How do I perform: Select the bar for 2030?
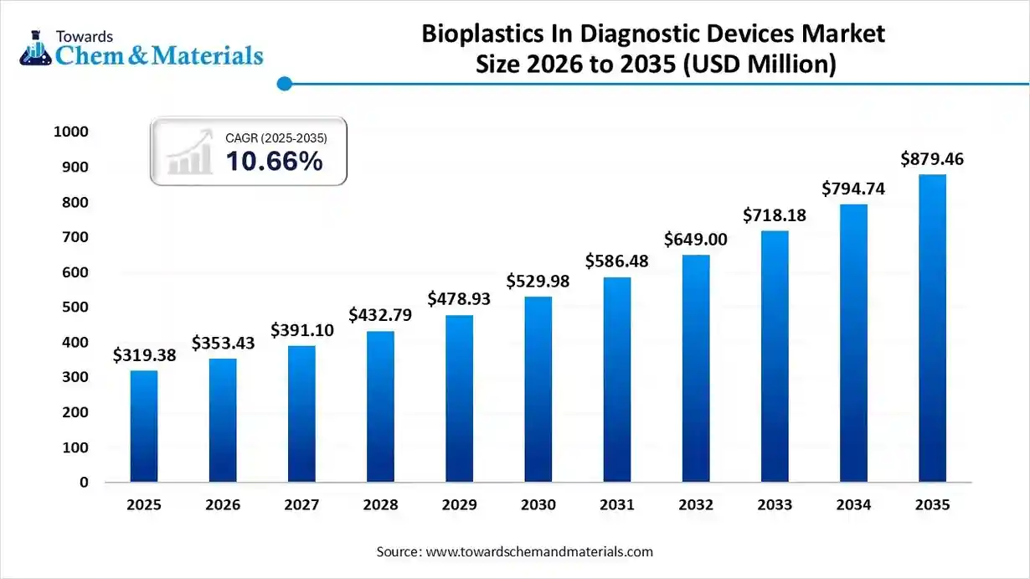538,389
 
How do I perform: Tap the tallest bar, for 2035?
932,328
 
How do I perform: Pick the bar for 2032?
695,368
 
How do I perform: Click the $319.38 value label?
144,356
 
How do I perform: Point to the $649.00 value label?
695,240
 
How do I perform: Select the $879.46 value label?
932,158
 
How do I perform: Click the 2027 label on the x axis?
301,504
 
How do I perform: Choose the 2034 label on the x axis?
853,504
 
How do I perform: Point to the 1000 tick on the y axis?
71,132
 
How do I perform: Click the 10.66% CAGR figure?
274,161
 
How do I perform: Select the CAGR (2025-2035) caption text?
276,137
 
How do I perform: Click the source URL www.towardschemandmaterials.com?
539,551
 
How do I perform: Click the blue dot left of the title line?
284,83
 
